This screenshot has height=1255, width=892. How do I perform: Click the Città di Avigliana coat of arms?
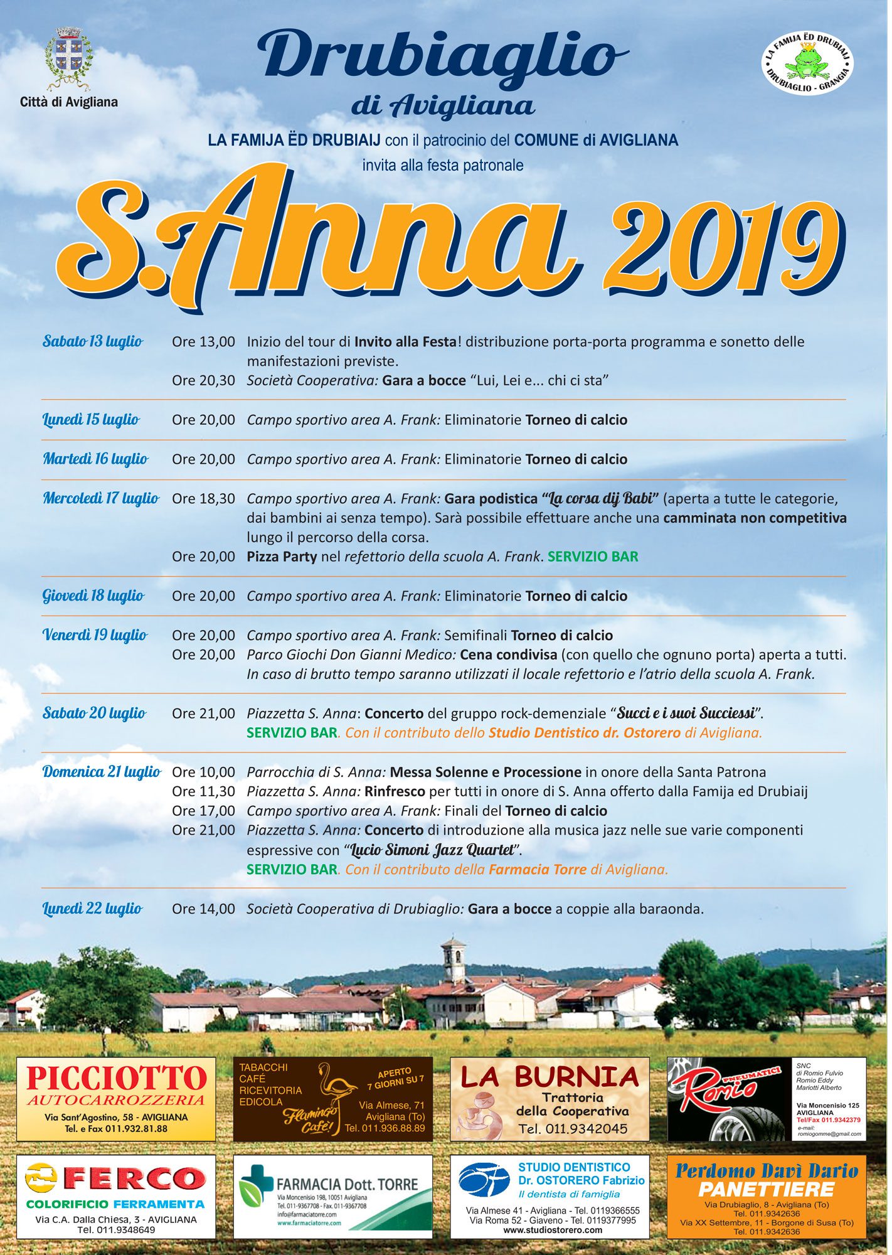[68, 58]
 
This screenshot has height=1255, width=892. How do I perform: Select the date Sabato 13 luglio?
[93, 341]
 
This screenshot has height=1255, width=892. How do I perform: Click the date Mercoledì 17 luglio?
[101, 498]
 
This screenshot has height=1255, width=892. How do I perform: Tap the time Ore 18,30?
[203, 499]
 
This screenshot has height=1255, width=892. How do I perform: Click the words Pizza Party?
[282, 557]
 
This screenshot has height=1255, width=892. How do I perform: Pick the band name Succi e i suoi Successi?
[686, 713]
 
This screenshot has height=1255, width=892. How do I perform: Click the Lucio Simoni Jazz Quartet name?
[432, 850]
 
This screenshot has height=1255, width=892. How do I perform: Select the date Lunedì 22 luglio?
[92, 909]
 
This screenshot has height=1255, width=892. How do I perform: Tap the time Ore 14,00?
[203, 909]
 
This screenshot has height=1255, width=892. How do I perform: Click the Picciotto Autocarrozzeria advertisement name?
[116, 1078]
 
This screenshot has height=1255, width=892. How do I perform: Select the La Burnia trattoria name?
[550, 1077]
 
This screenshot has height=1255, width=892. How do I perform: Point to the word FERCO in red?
[134, 1178]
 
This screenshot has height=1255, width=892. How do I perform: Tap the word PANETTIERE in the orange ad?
[766, 1189]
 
